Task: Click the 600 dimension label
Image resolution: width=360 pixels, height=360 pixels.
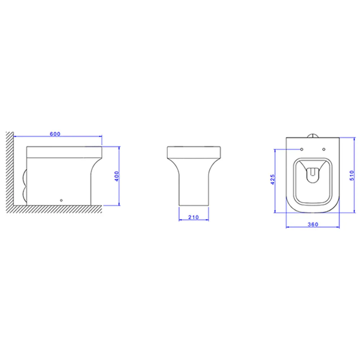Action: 55,134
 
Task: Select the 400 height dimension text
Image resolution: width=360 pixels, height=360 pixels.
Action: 117,176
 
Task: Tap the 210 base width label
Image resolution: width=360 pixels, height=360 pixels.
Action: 194,217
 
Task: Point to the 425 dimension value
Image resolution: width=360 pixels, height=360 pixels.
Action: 273,179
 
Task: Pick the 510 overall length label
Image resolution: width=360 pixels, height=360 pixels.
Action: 352,175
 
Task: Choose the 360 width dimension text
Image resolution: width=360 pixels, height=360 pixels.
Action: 313,224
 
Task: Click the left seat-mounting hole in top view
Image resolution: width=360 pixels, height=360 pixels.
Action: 302,149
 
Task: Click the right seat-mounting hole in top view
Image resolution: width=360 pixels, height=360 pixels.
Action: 324,149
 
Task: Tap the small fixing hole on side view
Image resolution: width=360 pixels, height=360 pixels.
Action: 61,201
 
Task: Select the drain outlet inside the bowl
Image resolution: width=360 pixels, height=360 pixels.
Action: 313,175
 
